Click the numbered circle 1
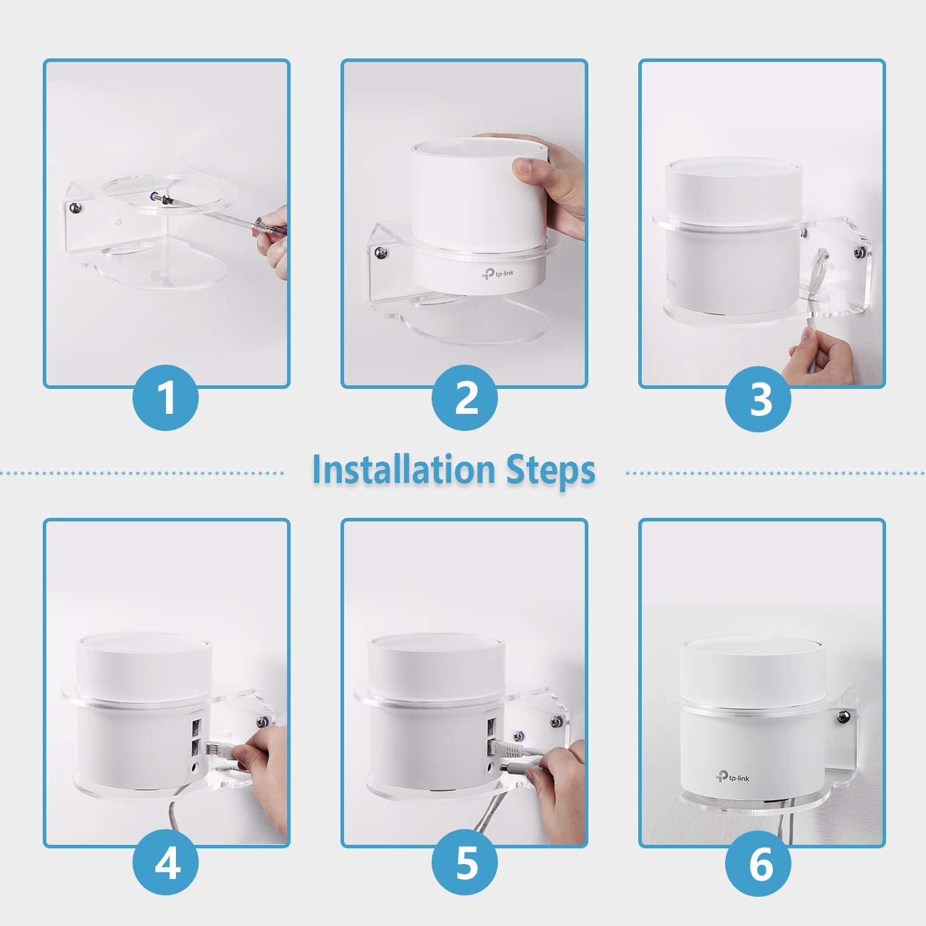click(166, 397)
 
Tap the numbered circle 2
click(467, 397)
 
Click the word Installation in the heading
click(403, 470)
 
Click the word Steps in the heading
click(551, 470)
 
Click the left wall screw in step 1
click(75, 208)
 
